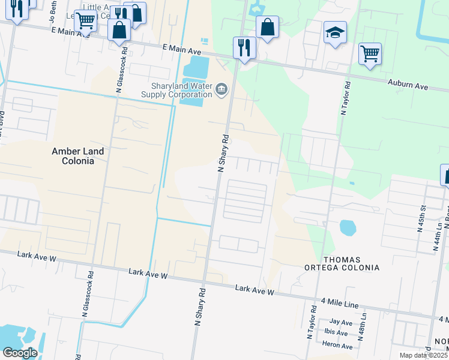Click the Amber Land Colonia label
[x=77, y=156]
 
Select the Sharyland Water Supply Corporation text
[x=176, y=90]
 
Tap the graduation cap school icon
[x=336, y=33]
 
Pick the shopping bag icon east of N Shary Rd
[x=267, y=27]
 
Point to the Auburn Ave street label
[x=408, y=85]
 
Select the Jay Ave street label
[x=341, y=322]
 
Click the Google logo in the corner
[x=20, y=353]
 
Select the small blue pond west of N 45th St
[x=347, y=227]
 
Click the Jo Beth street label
[x=53, y=11]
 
